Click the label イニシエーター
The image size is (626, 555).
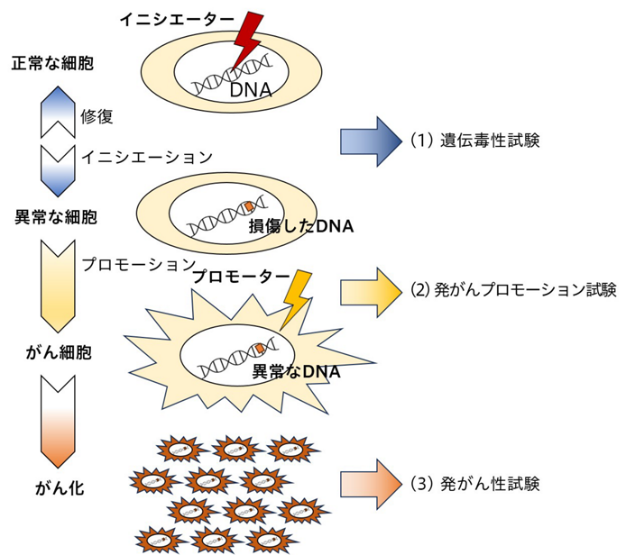[177, 19]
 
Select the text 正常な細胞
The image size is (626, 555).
[52, 63]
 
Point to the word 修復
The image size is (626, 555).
[97, 116]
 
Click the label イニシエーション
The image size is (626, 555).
[146, 157]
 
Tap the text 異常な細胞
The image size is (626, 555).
[56, 217]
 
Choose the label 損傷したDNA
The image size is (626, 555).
[301, 226]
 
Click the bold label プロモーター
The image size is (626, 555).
[241, 277]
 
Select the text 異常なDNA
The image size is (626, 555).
[296, 371]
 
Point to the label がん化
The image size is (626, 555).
[60, 488]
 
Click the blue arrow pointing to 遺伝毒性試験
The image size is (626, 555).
[371, 141]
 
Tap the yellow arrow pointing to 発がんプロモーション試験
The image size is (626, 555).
[371, 292]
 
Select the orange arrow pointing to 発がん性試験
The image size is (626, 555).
[371, 485]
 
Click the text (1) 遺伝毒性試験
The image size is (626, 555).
[475, 141]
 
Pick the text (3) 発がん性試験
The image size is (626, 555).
[475, 484]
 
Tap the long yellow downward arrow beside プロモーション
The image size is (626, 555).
[58, 286]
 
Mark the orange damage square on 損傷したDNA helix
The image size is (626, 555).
[249, 206]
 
